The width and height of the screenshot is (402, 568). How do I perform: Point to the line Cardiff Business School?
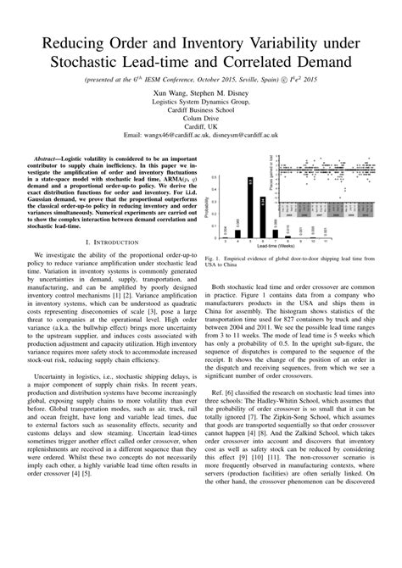(x=200, y=109)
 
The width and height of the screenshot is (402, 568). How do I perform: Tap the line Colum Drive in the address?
(x=200, y=118)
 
